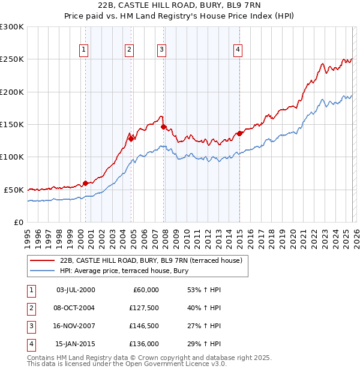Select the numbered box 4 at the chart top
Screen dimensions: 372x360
point(238,50)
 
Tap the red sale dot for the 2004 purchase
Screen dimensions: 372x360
point(131,139)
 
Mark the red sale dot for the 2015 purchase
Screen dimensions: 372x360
point(239,133)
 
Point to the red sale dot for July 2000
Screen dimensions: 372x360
point(85,183)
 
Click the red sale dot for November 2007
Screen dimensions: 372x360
point(163,127)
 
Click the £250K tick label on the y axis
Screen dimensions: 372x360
point(11,59)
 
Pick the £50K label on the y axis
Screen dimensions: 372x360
point(14,190)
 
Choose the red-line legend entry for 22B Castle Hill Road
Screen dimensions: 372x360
point(151,260)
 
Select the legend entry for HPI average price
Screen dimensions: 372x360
point(124,271)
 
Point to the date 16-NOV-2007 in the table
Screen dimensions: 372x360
point(75,328)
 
